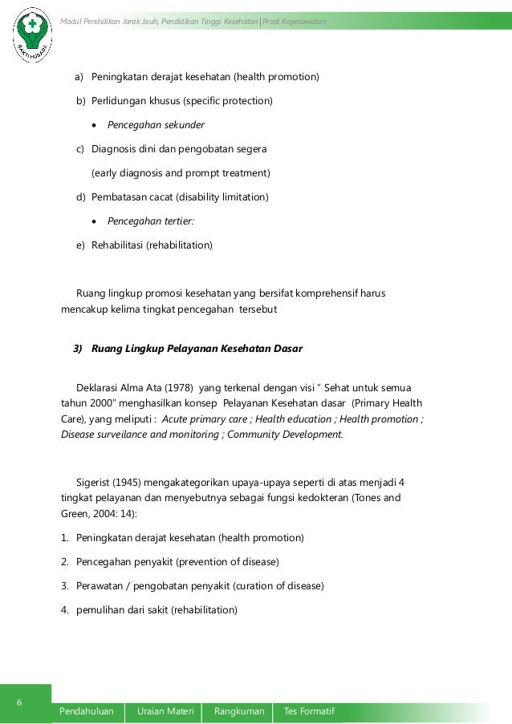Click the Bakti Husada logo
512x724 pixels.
click(33, 36)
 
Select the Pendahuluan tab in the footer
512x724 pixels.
click(87, 711)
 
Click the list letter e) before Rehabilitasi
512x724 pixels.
click(81, 245)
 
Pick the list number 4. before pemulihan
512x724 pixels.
click(66, 609)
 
